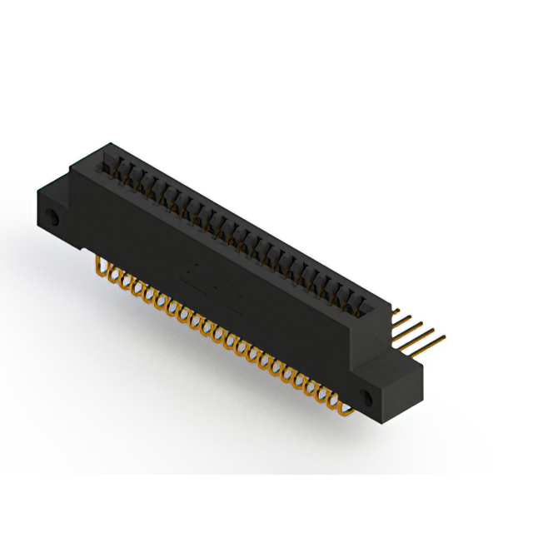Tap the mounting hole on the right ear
click(366, 395)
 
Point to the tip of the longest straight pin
click(443, 339)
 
